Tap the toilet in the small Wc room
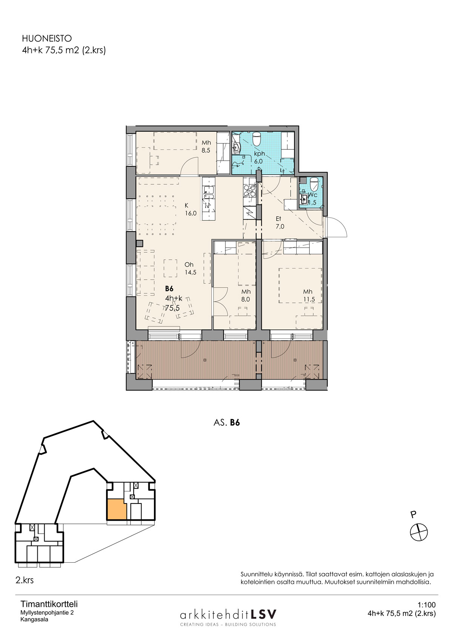[x=314, y=184]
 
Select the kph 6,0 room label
[x=259, y=157]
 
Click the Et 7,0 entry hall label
[x=280, y=223]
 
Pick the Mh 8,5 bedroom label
[x=206, y=146]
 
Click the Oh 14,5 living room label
[x=190, y=268]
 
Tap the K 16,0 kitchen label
[x=190, y=209]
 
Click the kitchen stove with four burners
[x=249, y=190]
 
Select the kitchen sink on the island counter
[x=208, y=192]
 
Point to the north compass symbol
[x=419, y=532]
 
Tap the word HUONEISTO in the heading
[x=47, y=38]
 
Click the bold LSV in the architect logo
[x=263, y=614]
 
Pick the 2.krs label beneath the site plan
[x=25, y=580]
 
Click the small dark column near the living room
[x=139, y=243]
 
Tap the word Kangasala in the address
[x=34, y=620]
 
